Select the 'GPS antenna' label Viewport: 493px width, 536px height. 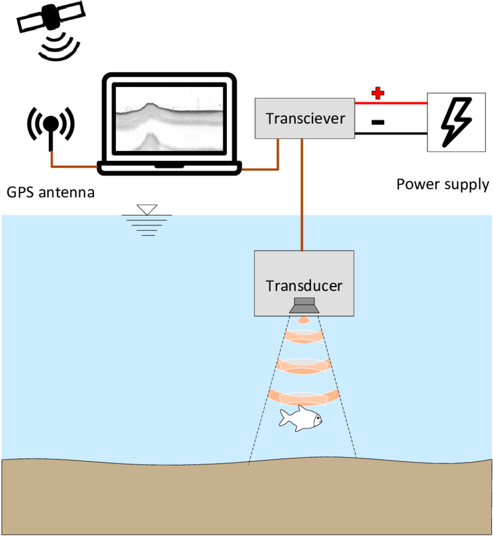pos(49,191)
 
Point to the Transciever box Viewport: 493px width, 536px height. pos(305,118)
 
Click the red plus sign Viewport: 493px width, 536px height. pos(378,93)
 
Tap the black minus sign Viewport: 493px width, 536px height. pos(377,122)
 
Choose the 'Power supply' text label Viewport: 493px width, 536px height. pos(443,184)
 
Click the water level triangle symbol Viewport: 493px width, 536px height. pos(147,209)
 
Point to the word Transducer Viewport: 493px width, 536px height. pos(304,285)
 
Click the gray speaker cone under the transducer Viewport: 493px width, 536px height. pos(304,306)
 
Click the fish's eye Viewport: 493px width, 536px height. pos(317,416)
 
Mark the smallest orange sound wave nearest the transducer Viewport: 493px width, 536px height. pos(303,320)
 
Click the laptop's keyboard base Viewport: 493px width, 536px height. pos(169,168)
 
